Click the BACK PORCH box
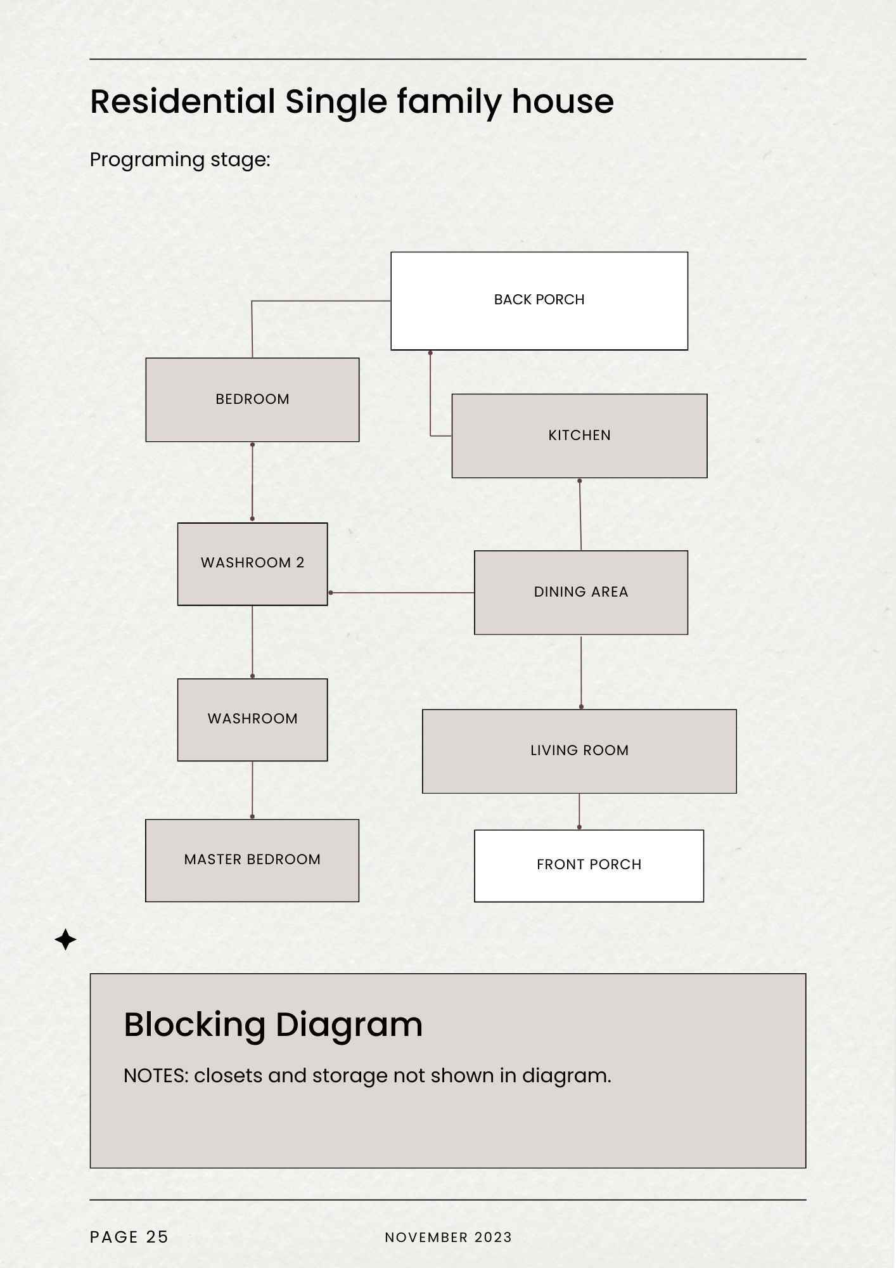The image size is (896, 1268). coord(539,301)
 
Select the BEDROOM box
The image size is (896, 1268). coord(252,399)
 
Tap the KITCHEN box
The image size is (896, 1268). coord(579,436)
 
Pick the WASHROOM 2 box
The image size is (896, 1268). coord(252,564)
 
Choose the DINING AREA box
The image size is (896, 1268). coord(581,592)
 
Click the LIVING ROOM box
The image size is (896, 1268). coord(579,751)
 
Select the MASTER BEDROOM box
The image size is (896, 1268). coord(252,860)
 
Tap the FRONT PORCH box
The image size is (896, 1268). coord(589,865)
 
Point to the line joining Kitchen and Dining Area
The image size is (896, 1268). coord(580,514)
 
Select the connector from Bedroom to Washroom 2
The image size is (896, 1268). coord(252,482)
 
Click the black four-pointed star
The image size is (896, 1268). coord(65,939)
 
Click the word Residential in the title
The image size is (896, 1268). coord(182,101)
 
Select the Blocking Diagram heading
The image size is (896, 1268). coord(273,1025)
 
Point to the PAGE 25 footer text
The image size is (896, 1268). coord(129,1237)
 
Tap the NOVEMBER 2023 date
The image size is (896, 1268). coord(448,1237)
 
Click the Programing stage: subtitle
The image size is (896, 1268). coord(180,160)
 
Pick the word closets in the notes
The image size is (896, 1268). coord(228,1075)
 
